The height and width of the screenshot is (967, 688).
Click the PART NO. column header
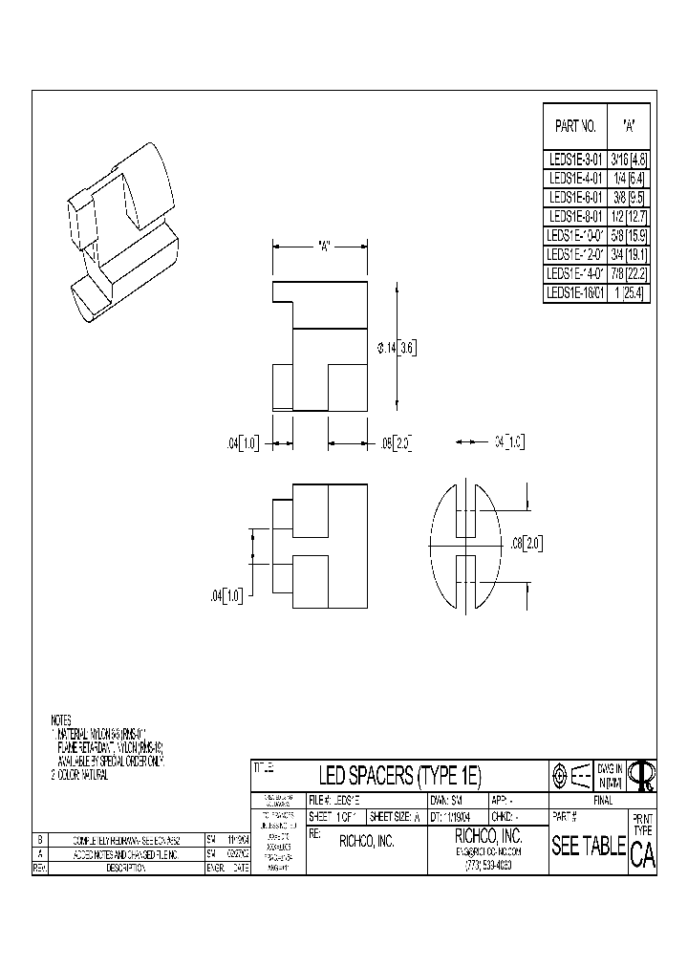click(575, 125)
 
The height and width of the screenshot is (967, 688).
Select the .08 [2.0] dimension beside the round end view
click(526, 543)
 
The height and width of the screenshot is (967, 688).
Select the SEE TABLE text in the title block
click(588, 847)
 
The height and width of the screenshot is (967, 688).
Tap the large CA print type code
click(642, 855)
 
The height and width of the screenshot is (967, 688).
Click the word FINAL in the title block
click(602, 801)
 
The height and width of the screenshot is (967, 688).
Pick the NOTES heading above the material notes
click(62, 719)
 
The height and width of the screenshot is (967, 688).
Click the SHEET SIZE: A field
click(395, 818)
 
